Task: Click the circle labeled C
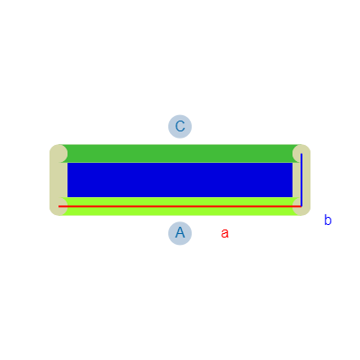coord(180,126)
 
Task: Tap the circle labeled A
coord(180,233)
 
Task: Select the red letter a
coord(225,233)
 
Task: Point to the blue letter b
coord(328,220)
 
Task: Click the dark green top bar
coord(180,153)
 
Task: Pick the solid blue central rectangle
coord(180,180)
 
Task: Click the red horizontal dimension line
coord(180,206)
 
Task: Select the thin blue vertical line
coord(301,180)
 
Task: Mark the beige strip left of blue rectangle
coord(58,180)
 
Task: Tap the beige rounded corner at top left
coord(58,153)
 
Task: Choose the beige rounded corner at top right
coord(301,153)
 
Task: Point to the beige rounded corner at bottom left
coord(58,207)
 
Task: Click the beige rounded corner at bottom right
coord(301,207)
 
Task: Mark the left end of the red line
coord(58,206)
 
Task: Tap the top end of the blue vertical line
coord(301,154)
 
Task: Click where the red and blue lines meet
coord(301,206)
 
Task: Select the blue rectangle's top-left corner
coord(67,163)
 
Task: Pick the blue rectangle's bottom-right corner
coord(292,197)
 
